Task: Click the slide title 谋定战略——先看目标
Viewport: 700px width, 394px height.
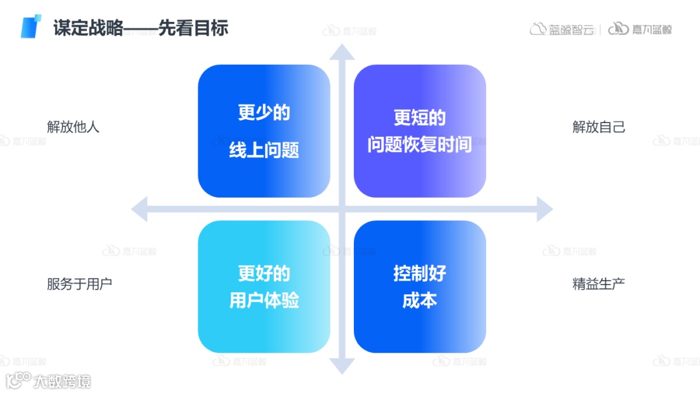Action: (141, 28)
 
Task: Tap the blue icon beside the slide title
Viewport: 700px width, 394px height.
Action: (30, 26)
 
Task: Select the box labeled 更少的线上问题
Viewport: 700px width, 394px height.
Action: (264, 131)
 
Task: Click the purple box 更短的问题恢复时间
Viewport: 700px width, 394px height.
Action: (419, 131)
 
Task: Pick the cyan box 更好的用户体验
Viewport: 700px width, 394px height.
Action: (264, 286)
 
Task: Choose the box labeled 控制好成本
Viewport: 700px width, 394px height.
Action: (419, 286)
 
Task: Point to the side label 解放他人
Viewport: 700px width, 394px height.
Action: (73, 126)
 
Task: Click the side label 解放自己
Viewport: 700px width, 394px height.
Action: (599, 126)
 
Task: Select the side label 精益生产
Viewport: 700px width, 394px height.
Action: (599, 283)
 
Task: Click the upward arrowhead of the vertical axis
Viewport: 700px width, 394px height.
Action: (342, 52)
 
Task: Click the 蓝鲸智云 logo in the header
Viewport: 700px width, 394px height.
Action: (562, 29)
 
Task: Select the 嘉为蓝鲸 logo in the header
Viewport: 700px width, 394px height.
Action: (640, 29)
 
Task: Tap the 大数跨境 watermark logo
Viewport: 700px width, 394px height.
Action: (49, 380)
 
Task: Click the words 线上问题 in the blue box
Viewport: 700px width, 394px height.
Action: (264, 150)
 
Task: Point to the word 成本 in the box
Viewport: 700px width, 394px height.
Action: (419, 300)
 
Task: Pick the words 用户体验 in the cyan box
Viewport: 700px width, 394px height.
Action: (264, 300)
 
